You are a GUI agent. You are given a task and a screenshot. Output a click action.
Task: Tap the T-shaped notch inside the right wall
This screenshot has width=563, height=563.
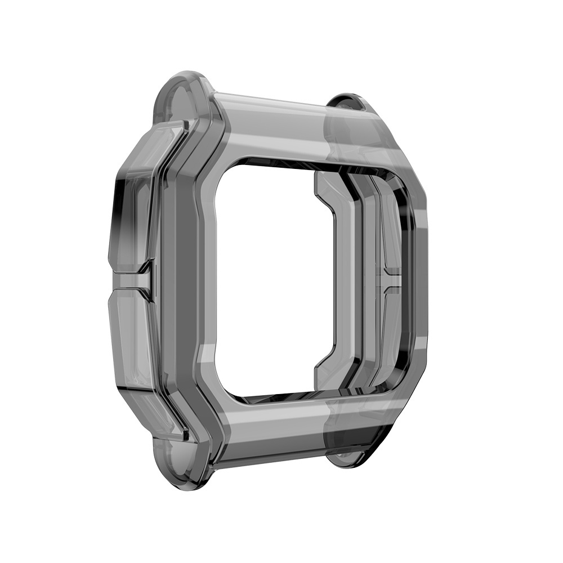point(391,276)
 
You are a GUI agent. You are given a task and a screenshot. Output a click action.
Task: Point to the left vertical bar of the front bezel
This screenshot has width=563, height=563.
point(189,276)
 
